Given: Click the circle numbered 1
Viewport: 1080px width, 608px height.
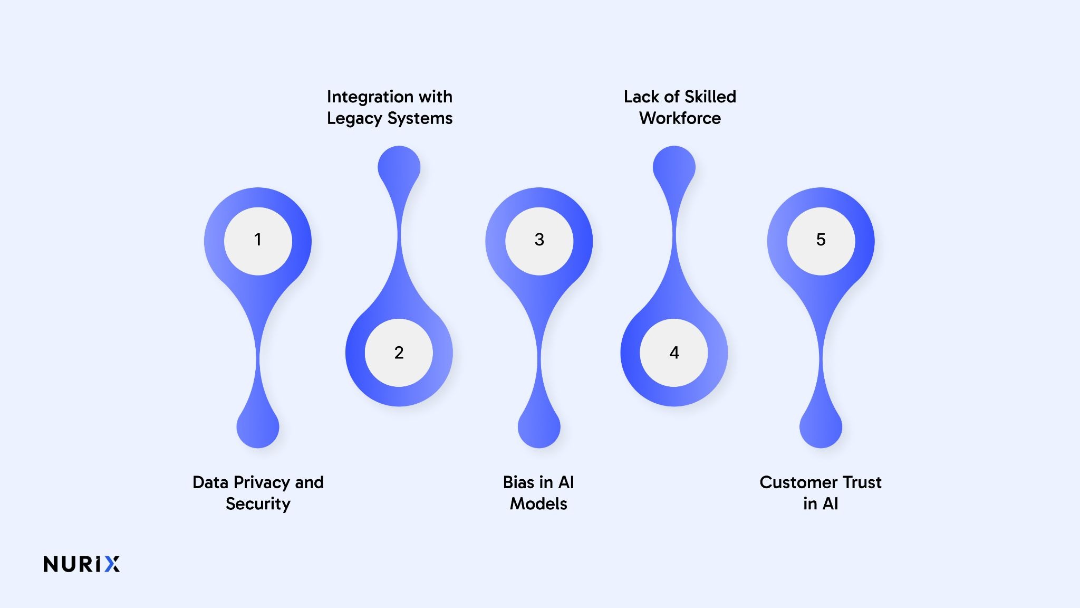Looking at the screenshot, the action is [x=258, y=241].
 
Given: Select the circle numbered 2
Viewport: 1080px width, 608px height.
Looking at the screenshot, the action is [x=399, y=353].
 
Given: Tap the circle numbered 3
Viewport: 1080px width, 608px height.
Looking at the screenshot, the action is [x=539, y=241].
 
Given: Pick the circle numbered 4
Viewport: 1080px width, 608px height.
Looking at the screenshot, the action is [x=674, y=353].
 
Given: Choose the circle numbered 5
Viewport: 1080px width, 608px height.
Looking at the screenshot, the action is [x=821, y=241].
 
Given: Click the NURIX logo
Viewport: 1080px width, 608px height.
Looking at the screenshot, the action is [x=82, y=564].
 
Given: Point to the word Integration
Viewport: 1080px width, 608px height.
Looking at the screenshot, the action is [x=363, y=97].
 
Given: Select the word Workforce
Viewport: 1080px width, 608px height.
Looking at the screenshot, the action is [x=680, y=118].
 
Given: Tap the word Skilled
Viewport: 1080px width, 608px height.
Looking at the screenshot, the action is [x=710, y=97].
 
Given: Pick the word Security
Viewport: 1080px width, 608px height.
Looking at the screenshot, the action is [x=258, y=504].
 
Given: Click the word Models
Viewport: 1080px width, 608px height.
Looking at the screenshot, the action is [x=538, y=503].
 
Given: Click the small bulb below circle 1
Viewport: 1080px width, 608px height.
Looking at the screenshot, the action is [x=258, y=426].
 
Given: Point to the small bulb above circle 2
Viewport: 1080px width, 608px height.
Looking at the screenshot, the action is [x=399, y=167].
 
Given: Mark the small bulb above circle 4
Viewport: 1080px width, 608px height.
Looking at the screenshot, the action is [x=674, y=167].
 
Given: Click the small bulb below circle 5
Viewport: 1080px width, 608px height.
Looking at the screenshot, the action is [x=821, y=426].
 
